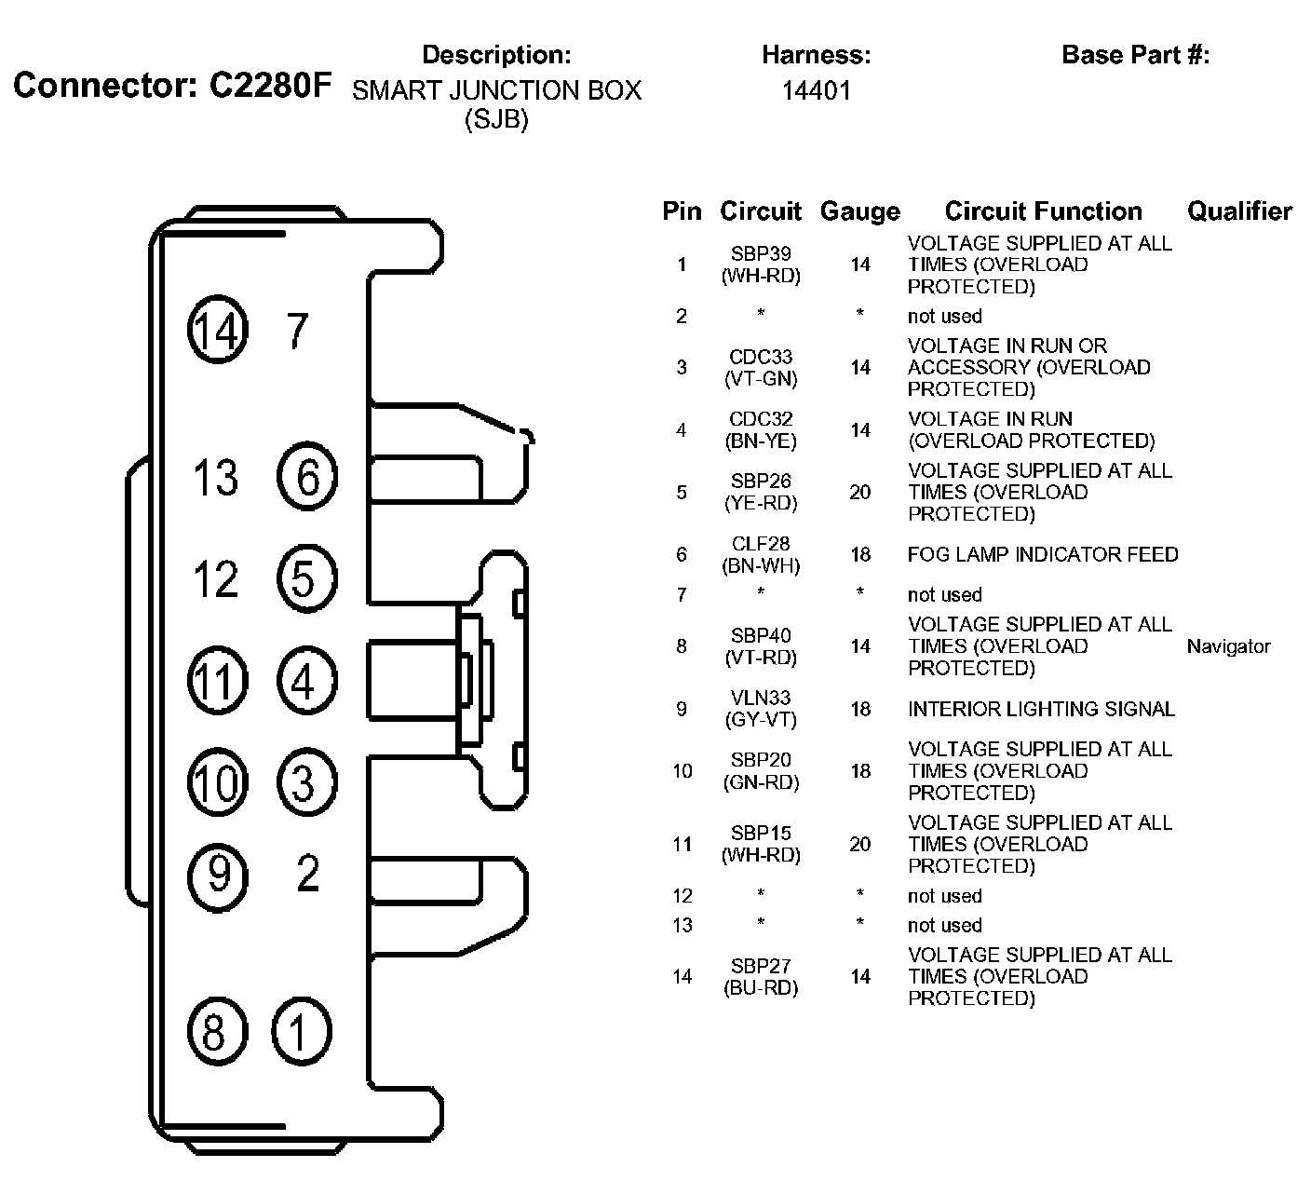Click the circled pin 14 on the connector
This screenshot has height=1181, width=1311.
pyautogui.click(x=218, y=331)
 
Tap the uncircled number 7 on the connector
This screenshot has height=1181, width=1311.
pyautogui.click(x=297, y=331)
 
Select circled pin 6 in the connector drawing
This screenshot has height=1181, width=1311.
pyautogui.click(x=307, y=478)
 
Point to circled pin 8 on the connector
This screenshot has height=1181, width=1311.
pyautogui.click(x=215, y=1032)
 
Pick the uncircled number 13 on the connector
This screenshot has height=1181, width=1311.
pyautogui.click(x=215, y=478)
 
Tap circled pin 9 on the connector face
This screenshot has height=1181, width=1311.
pyautogui.click(x=218, y=875)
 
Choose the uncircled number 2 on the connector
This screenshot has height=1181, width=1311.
pyautogui.click(x=307, y=873)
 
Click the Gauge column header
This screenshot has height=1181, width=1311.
pyautogui.click(x=859, y=212)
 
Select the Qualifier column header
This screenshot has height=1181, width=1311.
pyautogui.click(x=1239, y=211)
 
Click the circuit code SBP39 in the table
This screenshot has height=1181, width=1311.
pyautogui.click(x=761, y=254)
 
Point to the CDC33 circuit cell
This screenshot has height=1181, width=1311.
pyautogui.click(x=761, y=357)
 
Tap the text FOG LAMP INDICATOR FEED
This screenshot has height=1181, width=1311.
pyautogui.click(x=1043, y=555)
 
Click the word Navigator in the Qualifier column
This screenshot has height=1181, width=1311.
pyautogui.click(x=1228, y=646)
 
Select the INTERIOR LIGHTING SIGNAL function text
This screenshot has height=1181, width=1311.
pyautogui.click(x=1041, y=710)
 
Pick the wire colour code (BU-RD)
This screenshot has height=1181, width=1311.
pyautogui.click(x=761, y=988)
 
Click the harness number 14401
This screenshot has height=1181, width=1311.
pyautogui.click(x=816, y=91)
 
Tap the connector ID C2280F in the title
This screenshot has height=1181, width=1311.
pyautogui.click(x=269, y=86)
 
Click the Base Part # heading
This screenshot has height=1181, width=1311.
pyautogui.click(x=1135, y=55)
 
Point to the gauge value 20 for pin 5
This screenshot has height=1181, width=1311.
pyautogui.click(x=859, y=492)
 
